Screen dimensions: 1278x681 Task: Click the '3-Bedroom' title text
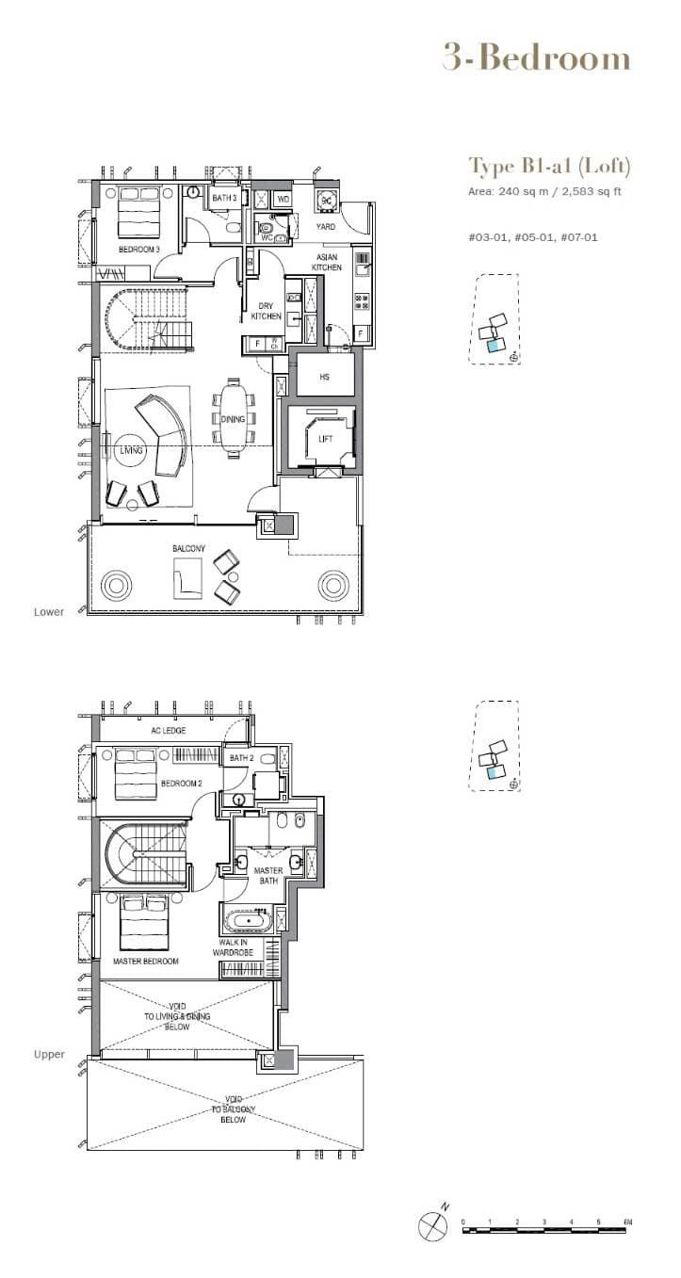(536, 58)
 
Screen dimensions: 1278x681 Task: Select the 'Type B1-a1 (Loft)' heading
(549, 167)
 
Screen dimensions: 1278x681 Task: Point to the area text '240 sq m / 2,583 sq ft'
(559, 191)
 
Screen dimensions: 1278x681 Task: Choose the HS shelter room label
(324, 377)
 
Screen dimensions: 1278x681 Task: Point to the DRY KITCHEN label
(265, 311)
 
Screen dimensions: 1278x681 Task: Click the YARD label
(325, 227)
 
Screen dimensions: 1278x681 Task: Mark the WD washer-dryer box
(283, 200)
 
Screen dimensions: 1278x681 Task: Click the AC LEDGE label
(168, 730)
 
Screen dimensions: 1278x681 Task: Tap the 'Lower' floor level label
(49, 612)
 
